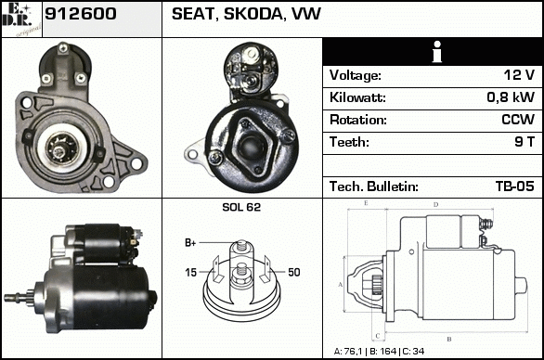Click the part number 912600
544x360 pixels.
point(81,14)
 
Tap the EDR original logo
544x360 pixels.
point(21,19)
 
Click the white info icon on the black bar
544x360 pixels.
point(437,52)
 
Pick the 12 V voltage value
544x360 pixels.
point(519,74)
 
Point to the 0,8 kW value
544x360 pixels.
point(511,97)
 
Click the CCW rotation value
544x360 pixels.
point(518,120)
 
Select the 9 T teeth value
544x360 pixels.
point(525,142)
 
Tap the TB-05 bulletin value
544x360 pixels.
point(515,186)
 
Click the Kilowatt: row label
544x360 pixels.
point(357,97)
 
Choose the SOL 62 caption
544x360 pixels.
point(241,207)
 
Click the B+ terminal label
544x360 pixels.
point(190,243)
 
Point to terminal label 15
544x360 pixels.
point(191,273)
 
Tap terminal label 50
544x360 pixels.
point(294,272)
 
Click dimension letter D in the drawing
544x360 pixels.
point(436,205)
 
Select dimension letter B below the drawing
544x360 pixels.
point(449,340)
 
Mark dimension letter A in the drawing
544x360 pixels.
point(341,285)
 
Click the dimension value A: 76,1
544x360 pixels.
point(347,352)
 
